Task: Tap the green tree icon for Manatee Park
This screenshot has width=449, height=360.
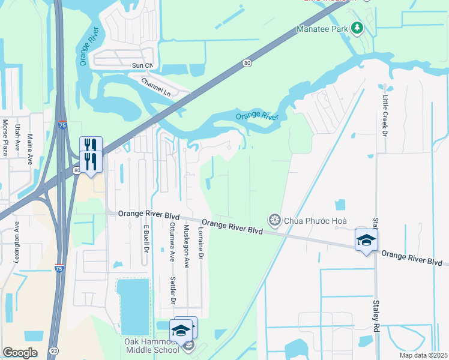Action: click(357, 28)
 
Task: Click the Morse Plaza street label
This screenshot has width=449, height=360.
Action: click(5, 137)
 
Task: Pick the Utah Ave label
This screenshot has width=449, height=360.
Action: click(17, 137)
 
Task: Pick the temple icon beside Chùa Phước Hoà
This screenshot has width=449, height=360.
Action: click(275, 221)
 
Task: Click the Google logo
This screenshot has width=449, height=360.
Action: click(20, 353)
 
